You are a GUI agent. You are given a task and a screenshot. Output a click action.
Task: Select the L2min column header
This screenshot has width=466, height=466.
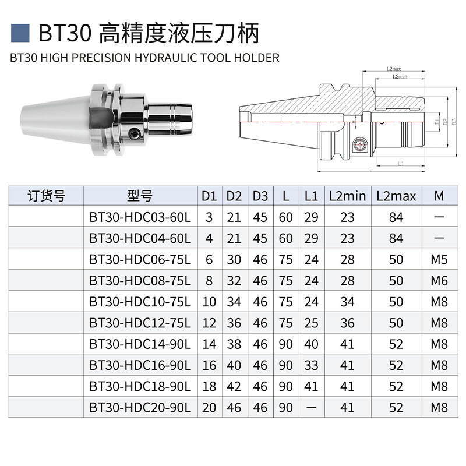coord(347,196)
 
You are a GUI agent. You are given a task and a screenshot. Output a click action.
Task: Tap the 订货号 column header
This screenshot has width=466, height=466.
coord(47,196)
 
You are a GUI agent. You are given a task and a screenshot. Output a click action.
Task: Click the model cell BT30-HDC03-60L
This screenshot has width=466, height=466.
coord(140,217)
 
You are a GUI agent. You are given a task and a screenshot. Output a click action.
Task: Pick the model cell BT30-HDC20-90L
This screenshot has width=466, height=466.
coord(140,408)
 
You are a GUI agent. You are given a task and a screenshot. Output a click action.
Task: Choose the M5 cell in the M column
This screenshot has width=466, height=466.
coord(439,259)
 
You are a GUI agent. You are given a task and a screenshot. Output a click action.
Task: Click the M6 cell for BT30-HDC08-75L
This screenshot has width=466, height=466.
coord(439,281)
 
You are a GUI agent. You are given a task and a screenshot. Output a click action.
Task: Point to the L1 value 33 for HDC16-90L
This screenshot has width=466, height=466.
coord(311,365)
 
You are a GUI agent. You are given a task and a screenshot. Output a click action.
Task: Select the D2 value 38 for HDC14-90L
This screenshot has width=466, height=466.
coord(234,344)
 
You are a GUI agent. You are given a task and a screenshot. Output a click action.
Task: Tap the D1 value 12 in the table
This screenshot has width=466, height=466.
coord(209,323)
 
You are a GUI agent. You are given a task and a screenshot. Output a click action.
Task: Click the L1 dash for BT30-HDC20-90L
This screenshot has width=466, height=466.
coord(311,408)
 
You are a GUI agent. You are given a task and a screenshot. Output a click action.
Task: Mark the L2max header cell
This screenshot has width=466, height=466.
coord(396,196)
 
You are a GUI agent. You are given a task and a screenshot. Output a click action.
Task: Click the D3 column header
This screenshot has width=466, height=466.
coord(260,196)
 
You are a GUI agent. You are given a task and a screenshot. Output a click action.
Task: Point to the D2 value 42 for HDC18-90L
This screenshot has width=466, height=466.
coord(234,387)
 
